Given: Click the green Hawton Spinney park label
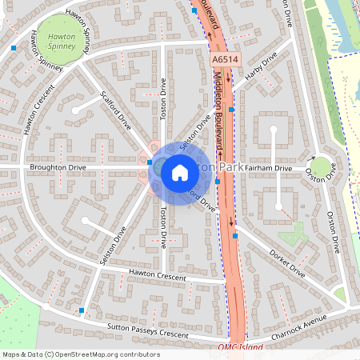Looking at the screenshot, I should tap(62, 41).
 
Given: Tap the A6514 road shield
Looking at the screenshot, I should tap(225, 60).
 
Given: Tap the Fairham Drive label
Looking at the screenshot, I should tap(269, 168).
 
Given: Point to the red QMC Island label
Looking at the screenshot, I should tap(239, 348).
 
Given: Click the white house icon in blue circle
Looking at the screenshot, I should tap(179, 171).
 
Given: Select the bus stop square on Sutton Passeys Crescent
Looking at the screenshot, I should tap(82, 310).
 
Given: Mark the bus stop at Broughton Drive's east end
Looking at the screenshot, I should tap(150, 162).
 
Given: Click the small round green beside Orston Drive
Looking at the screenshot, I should tap(321, 167).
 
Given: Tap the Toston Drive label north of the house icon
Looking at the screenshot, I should tap(163, 98).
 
